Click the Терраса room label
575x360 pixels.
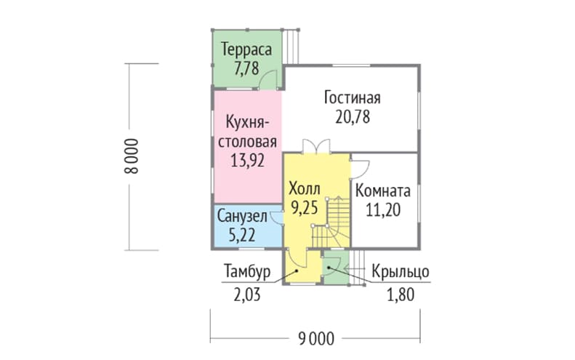tap(246, 49)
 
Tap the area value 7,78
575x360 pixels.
tap(246, 68)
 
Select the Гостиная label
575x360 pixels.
tap(353, 98)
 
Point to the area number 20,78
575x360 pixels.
tap(353, 117)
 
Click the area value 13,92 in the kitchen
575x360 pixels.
tap(248, 161)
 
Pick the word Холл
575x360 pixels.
tap(305, 188)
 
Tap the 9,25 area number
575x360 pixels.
tap(304, 208)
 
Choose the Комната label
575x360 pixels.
tap(383, 191)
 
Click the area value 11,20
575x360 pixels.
tap(383, 210)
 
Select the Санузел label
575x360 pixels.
tap(242, 217)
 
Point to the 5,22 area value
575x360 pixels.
tap(242, 235)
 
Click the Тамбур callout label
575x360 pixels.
tap(247, 272)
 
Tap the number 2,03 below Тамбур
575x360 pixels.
tap(247, 295)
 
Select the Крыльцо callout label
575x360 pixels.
tap(401, 272)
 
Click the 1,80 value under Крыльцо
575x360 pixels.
tap(401, 295)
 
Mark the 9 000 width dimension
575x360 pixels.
tap(316, 339)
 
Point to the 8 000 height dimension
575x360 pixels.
tap(132, 156)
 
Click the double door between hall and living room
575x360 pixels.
tap(316, 146)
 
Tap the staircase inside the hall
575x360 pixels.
tap(329, 223)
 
